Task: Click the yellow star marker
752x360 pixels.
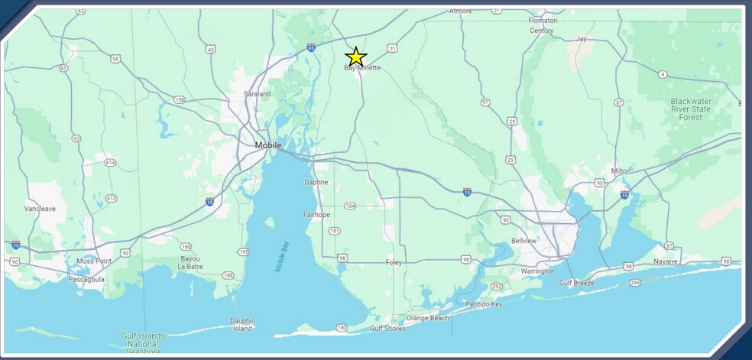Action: pyautogui.click(x=356, y=57)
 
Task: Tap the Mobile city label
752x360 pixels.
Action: pyautogui.click(x=268, y=145)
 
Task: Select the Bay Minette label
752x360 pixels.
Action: pyautogui.click(x=362, y=68)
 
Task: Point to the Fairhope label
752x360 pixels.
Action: pyautogui.click(x=316, y=216)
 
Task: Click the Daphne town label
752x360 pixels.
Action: pyautogui.click(x=316, y=182)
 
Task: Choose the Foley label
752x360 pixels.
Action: pyautogui.click(x=394, y=263)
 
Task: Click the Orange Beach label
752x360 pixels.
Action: pyautogui.click(x=428, y=318)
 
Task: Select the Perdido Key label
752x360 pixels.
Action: pyautogui.click(x=486, y=304)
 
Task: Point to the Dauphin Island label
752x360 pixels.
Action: pyautogui.click(x=242, y=325)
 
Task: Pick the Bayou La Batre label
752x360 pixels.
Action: pyautogui.click(x=190, y=263)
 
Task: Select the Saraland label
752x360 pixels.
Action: pyautogui.click(x=257, y=94)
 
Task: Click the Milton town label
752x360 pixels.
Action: pyautogui.click(x=621, y=171)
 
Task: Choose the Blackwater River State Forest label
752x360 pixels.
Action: pyautogui.click(x=691, y=109)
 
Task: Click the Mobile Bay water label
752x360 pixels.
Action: pyautogui.click(x=282, y=255)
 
